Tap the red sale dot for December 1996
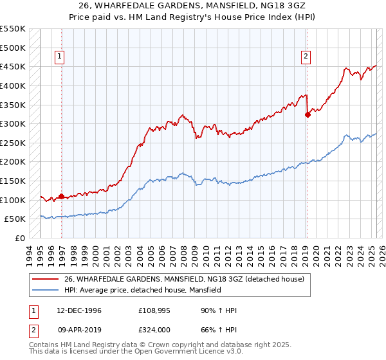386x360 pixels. (62, 196)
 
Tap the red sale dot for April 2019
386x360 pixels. (308, 115)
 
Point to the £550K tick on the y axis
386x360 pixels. (13, 29)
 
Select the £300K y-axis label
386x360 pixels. (13, 123)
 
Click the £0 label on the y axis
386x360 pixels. (19, 238)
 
